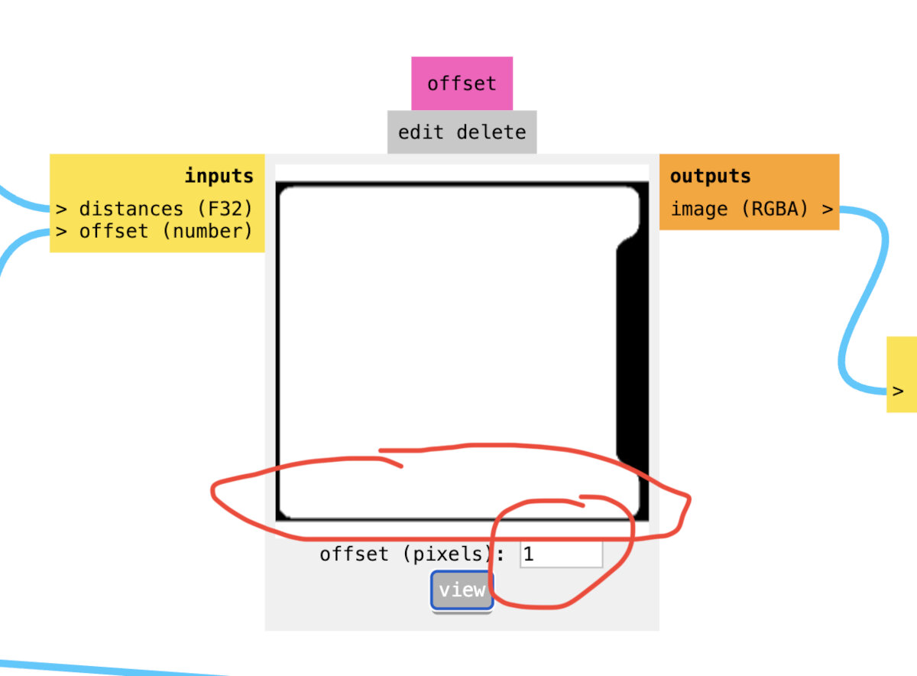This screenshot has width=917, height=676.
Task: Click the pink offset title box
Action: point(462,83)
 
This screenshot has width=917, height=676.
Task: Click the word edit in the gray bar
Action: point(420,132)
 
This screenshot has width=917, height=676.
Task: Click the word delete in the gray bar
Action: point(491,132)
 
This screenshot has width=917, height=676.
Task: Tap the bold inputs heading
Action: point(219,176)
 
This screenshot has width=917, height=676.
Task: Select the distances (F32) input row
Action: point(164,208)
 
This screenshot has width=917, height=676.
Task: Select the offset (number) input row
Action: point(164,230)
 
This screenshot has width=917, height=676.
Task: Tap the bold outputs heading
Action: point(710,176)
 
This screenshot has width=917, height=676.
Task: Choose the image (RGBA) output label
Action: point(740,208)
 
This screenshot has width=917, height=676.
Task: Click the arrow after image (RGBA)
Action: point(828,208)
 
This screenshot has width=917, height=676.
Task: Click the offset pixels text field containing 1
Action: point(561,554)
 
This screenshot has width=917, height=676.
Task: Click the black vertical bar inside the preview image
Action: point(631,352)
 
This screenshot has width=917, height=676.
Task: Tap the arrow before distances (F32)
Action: point(61,208)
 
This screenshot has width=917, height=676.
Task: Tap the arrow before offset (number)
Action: point(61,230)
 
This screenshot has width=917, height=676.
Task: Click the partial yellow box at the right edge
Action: point(902,375)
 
